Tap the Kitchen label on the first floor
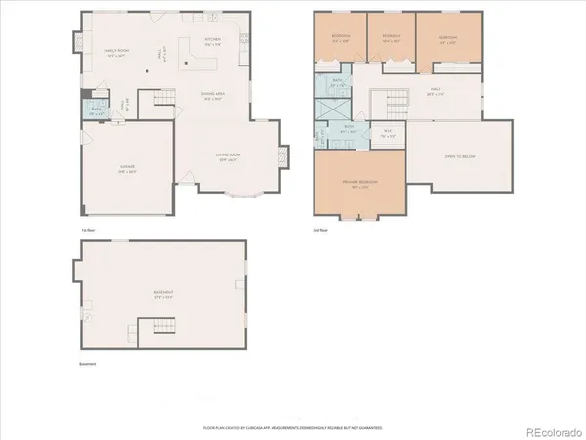tap(212, 42)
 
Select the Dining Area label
tap(214, 96)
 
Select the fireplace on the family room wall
tap(79, 42)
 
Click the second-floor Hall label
tap(436, 95)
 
